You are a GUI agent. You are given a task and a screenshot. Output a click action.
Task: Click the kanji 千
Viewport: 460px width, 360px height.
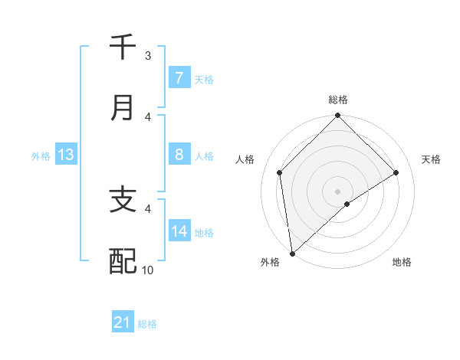[x=123, y=47]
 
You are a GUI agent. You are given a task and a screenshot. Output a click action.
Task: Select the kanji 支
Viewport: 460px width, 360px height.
[x=123, y=201]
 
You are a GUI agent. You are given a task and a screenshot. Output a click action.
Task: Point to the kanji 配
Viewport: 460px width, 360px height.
[x=123, y=261]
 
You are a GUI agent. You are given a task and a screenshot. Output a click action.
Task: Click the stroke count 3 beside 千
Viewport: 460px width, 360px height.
[x=148, y=56]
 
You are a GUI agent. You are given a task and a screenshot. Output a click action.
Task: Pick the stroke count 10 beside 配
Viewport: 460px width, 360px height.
[x=148, y=270]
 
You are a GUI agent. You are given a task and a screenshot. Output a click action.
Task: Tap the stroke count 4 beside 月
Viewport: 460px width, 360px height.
[x=148, y=116]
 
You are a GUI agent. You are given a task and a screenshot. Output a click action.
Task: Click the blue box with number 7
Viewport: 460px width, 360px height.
[x=179, y=77]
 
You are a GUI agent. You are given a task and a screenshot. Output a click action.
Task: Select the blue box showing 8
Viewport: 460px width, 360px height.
[x=179, y=155]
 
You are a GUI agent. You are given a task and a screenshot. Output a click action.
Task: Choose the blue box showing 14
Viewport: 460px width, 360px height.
[x=179, y=231]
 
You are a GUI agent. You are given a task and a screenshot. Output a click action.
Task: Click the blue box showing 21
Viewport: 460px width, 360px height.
[x=123, y=323]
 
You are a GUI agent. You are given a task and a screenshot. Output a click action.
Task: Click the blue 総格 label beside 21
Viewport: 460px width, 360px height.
[x=147, y=324]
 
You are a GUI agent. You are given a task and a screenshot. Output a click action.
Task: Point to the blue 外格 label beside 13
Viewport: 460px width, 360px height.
[x=41, y=156]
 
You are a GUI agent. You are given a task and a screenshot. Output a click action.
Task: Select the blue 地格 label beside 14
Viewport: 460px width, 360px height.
[x=204, y=232]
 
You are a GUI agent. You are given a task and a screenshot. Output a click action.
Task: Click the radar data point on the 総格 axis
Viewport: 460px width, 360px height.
[x=337, y=116]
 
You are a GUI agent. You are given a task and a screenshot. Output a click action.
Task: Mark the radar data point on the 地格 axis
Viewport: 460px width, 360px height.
[x=347, y=204]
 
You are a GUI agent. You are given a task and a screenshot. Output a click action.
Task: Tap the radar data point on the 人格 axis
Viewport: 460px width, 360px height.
[x=280, y=172]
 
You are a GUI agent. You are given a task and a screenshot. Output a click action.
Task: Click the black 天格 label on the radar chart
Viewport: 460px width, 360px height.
[x=431, y=159]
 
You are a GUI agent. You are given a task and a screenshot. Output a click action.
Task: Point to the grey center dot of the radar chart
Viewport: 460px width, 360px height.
[x=337, y=191]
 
